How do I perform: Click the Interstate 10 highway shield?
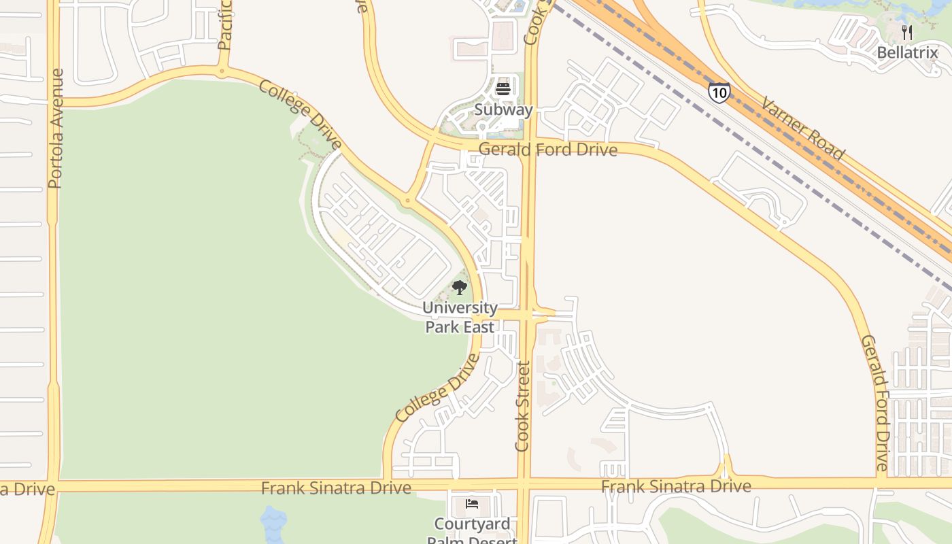[x=719, y=92]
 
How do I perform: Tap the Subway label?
[x=503, y=109]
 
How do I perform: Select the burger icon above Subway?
[x=503, y=88]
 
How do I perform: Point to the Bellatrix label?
[x=907, y=52]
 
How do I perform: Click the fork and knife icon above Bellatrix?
[x=906, y=32]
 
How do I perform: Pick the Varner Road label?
[x=802, y=129]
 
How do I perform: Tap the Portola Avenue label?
[x=56, y=129]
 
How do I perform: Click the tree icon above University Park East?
[x=460, y=288]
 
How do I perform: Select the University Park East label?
[x=460, y=317]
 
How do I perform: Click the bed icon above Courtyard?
[x=472, y=504]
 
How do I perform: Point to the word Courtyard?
[x=472, y=524]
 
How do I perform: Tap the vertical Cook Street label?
[x=522, y=406]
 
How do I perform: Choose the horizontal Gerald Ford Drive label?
[x=548, y=150]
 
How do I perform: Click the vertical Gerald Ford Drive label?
[x=874, y=403]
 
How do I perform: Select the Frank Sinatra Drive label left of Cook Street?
[x=336, y=488]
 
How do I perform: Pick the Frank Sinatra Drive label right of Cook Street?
[x=676, y=486]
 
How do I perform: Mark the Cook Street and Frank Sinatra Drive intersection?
[x=524, y=486]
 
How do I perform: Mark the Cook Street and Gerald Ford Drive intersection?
[x=528, y=145]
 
